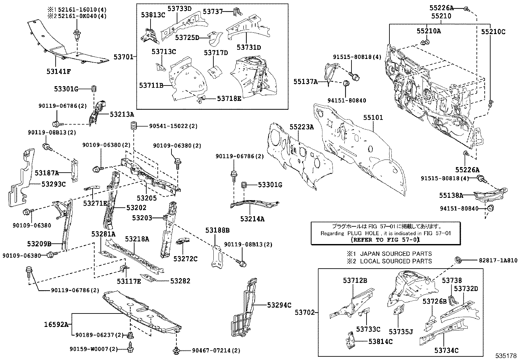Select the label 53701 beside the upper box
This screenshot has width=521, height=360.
[123, 57]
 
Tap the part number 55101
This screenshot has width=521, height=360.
[372, 118]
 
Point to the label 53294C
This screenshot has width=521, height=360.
[279, 305]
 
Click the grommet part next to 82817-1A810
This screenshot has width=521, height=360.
[458, 260]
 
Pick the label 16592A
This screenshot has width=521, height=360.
[56, 325]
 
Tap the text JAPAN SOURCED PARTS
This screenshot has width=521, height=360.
[396, 254]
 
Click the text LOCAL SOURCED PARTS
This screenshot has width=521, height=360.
[396, 261]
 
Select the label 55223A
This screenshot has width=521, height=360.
[301, 127]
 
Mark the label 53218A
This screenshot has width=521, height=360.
[137, 239]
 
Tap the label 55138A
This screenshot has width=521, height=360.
[451, 196]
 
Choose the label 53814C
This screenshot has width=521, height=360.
[380, 341]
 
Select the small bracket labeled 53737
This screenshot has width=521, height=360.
[237, 12]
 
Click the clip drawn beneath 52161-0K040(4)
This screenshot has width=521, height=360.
[77, 34]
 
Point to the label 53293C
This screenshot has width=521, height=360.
[53, 184]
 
